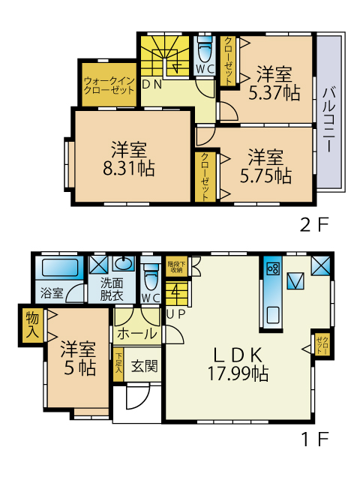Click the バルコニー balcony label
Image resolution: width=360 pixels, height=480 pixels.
(328, 119)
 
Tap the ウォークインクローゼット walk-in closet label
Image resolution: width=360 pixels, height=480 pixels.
(109, 85)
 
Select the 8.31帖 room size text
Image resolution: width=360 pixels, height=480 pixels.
(128, 169)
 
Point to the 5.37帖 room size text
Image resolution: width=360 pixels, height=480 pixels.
(274, 93)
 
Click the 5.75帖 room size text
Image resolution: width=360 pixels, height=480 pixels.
(265, 175)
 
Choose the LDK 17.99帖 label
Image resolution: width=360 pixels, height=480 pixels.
(238, 364)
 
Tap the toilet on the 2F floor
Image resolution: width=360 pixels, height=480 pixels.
(205, 50)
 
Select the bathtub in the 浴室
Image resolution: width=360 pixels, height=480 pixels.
(60, 268)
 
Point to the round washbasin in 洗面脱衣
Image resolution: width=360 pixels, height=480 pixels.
(124, 263)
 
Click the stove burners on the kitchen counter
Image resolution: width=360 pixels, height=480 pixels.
(272, 269)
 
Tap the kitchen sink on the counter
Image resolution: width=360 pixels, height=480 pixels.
(273, 315)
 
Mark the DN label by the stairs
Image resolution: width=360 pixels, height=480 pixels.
(152, 85)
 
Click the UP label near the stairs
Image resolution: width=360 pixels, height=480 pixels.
(175, 314)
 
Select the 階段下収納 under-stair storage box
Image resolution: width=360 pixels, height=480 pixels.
(177, 266)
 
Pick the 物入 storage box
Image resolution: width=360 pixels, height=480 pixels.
(32, 325)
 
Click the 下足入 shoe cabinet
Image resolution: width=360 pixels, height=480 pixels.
(118, 364)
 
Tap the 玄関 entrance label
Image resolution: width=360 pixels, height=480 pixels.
(144, 366)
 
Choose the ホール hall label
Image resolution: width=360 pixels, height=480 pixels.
(136, 333)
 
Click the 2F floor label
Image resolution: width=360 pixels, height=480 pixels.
(314, 225)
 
